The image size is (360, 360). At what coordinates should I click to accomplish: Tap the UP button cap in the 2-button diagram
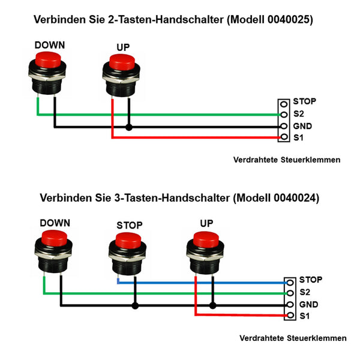(x=122, y=62)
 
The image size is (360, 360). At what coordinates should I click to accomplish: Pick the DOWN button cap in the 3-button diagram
(x=54, y=238)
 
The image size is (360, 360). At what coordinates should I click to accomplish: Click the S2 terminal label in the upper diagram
(x=299, y=114)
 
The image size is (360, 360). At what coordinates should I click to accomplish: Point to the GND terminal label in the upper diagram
(x=302, y=127)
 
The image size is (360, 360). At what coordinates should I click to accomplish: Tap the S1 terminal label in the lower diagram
(x=305, y=316)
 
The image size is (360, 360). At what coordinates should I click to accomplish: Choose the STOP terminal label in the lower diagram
(x=311, y=280)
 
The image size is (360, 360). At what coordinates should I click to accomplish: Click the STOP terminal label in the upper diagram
(x=304, y=101)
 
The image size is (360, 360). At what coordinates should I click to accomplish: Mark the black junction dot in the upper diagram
(x=129, y=127)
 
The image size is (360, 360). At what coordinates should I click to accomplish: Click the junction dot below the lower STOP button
(x=136, y=305)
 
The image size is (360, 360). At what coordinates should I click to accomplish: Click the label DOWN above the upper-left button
(x=50, y=45)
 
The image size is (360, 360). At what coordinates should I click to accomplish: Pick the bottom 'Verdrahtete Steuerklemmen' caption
(x=293, y=338)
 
